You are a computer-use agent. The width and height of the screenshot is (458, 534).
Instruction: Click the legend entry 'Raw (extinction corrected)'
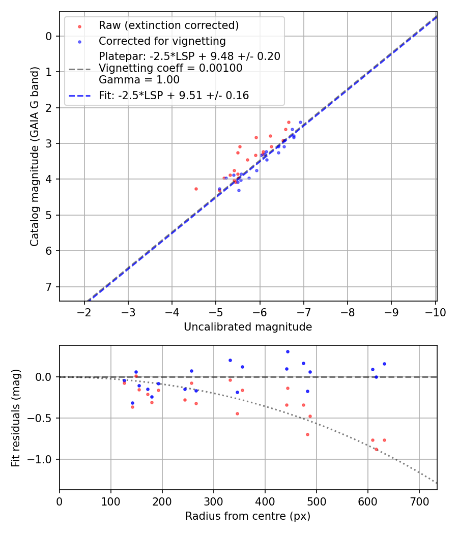tap(168, 25)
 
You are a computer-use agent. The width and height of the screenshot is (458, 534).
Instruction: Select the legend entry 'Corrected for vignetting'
tap(162, 41)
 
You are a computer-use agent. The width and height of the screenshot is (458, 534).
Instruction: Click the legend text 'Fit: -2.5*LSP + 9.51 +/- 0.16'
tap(174, 95)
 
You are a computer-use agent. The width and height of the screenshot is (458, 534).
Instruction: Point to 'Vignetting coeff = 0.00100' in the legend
tap(170, 68)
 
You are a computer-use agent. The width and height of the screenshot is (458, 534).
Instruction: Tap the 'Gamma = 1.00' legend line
tap(139, 79)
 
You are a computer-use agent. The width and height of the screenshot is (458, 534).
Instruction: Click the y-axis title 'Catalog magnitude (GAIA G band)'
tap(34, 166)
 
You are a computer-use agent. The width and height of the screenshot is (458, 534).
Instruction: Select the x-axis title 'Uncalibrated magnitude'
tap(248, 327)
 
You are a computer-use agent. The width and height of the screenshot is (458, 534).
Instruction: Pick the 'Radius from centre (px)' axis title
tap(248, 516)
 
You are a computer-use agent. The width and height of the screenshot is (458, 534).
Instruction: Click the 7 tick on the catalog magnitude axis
tap(49, 287)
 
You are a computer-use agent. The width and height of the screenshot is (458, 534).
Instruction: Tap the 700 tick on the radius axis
tap(419, 501)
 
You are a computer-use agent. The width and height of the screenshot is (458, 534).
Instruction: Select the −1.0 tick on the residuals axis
tap(42, 459)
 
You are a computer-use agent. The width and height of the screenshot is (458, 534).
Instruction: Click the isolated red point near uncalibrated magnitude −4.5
tap(196, 189)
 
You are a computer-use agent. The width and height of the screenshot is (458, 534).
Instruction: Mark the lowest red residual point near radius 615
tap(376, 449)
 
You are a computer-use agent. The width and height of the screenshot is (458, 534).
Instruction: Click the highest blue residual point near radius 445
tap(288, 351)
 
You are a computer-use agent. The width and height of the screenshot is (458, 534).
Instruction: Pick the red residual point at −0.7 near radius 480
tap(307, 434)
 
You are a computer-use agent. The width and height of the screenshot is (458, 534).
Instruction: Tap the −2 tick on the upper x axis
tap(84, 312)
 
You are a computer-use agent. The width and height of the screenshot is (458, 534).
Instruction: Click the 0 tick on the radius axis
tap(60, 501)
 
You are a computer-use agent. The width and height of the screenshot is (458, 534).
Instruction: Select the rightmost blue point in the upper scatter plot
tap(300, 122)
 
